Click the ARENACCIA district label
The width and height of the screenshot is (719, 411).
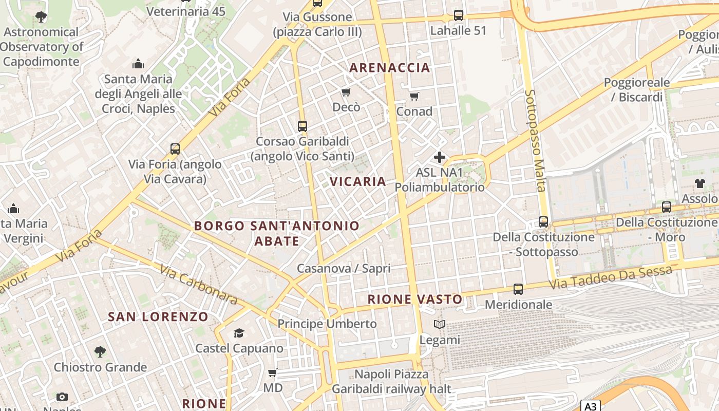pos(390,68)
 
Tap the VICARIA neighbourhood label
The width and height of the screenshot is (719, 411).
pos(358,181)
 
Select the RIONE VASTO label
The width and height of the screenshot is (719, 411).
pos(415,299)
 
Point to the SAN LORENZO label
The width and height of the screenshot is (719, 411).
pos(158,316)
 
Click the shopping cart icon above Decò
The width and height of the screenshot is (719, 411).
pos(346,92)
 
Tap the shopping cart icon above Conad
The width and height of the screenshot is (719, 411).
pos(414,96)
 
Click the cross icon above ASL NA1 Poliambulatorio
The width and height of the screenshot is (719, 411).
pos(440,157)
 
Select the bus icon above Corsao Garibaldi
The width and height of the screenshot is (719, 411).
pos(302,126)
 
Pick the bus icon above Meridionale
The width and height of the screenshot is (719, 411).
pos(518,289)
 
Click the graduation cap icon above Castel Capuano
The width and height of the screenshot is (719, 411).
pos(239,333)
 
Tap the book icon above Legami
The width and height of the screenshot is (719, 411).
pos(440,325)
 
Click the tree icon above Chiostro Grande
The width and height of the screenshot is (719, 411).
pos(100,352)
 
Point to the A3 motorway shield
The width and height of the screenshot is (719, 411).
pos(591,406)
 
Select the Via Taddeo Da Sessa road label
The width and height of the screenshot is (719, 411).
pos(611,277)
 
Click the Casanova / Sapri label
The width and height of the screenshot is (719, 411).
pos(344,268)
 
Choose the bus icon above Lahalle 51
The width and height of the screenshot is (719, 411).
pos(459,15)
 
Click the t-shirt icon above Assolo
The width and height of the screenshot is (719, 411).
pos(700,183)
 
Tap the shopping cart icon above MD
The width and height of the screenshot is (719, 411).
pos(273,372)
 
